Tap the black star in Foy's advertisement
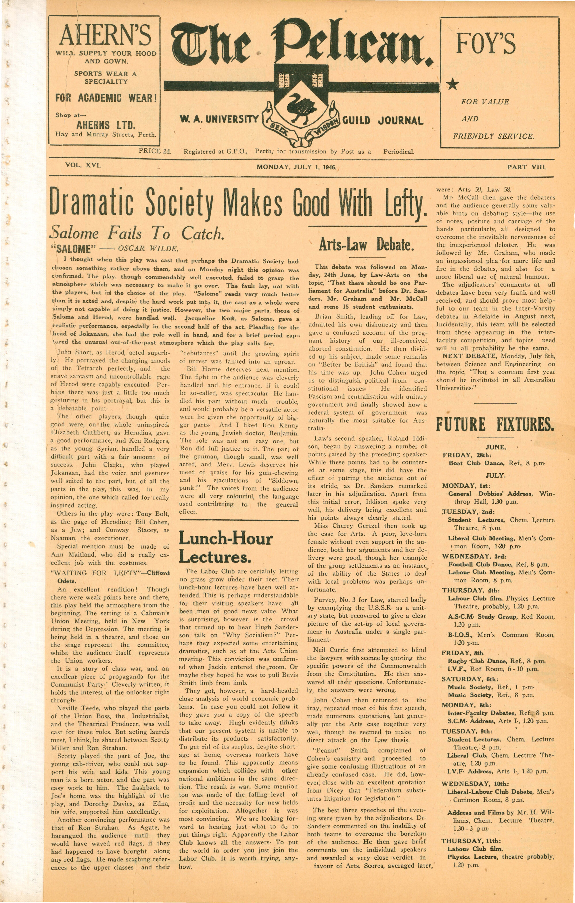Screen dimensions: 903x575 coord(453,84)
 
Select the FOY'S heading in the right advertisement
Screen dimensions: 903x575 coord(486,43)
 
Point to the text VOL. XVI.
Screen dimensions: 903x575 coord(83,165)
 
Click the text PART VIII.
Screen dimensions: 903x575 coord(527,167)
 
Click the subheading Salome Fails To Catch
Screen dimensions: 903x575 coord(137,234)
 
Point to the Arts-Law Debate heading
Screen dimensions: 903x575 coord(367,245)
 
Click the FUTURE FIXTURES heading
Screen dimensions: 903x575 coord(495,425)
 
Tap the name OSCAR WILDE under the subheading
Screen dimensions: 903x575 coord(148,248)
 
